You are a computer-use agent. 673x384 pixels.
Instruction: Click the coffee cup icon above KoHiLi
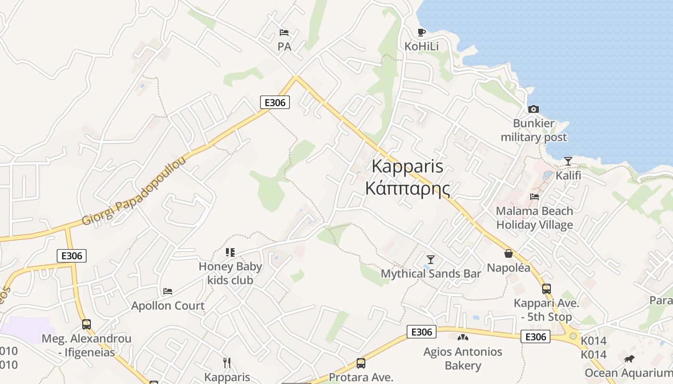coord(421,33)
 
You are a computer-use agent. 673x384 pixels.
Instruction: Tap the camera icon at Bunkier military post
coord(533,109)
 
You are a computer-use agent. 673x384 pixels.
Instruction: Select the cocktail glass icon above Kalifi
coord(568,161)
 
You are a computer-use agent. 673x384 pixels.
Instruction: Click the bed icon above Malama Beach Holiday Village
coord(534,196)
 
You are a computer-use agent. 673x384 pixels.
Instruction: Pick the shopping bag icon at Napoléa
coord(508,253)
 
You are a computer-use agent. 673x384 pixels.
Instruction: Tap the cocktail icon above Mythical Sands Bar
coord(431,259)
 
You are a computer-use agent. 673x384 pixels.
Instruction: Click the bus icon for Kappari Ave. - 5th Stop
coord(546,288)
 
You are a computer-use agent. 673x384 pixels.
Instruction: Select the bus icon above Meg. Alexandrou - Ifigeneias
coord(87,324)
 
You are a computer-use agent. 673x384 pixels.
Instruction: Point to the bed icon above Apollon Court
coord(168,291)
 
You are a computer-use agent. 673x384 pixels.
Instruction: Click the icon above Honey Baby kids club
coord(230,252)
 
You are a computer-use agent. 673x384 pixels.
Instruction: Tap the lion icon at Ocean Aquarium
coord(629,359)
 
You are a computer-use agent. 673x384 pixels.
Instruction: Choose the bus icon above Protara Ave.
coord(361,363)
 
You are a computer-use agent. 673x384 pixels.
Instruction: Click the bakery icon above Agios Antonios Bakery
coord(462,337)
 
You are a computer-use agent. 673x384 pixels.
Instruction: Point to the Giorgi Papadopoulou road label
coord(134,191)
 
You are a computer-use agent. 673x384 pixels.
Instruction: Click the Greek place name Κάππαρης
coord(408,188)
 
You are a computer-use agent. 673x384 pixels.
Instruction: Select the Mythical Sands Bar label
coord(431,274)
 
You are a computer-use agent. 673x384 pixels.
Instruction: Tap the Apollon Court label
coord(168,306)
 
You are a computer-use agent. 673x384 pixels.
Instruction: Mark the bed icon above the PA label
coord(284,33)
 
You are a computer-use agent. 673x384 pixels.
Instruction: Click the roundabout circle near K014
coord(573,336)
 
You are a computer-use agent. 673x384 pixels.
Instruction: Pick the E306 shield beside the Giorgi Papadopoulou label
coord(275,102)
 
